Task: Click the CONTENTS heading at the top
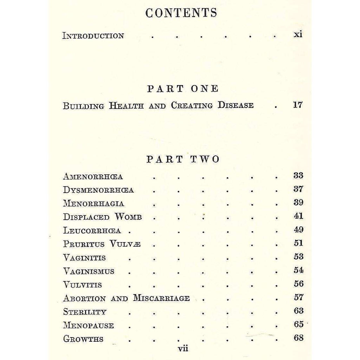[x=181, y=13]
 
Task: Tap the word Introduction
[x=93, y=36]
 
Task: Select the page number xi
[x=298, y=35]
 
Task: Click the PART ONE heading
[x=183, y=89]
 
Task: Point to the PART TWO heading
[x=183, y=159]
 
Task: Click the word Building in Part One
[x=83, y=106]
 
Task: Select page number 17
[x=297, y=105]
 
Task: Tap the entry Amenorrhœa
[x=93, y=176]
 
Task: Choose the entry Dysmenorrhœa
[x=98, y=190]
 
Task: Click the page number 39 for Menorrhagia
[x=298, y=203]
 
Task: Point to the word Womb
[x=128, y=217]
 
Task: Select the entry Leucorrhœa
[x=92, y=231]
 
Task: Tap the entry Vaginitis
[x=84, y=258]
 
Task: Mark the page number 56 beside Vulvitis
[x=298, y=284]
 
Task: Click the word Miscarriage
[x=161, y=298]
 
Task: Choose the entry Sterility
[x=85, y=312]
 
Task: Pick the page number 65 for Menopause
[x=298, y=324]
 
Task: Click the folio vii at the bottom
[x=183, y=349]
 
